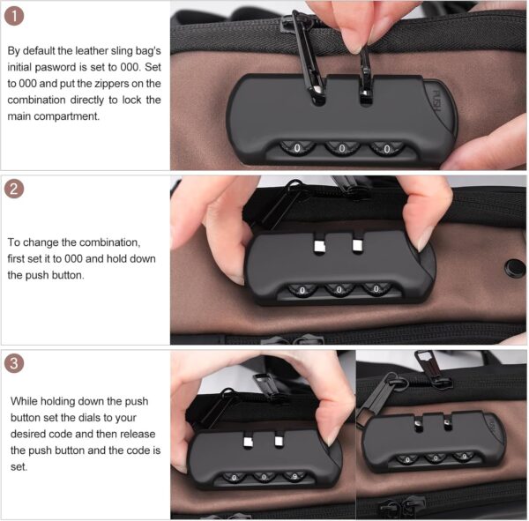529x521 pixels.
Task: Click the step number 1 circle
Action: click(17, 16)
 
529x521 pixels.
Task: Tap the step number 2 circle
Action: click(17, 190)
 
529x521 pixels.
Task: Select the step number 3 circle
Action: click(17, 363)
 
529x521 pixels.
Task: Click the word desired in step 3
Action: click(28, 433)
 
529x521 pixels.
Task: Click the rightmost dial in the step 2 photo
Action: click(376, 288)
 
